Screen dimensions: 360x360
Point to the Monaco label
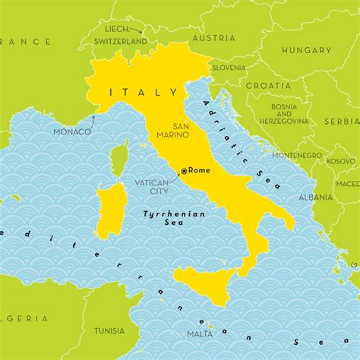[72, 131]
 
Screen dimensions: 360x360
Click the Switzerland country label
[121, 40]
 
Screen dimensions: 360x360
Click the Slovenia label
[229, 67]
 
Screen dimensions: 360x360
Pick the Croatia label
[267, 86]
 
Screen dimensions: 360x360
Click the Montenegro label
[297, 155]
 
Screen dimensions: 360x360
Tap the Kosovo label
[340, 161]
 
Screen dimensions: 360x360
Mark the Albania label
[315, 197]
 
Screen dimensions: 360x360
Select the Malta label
[201, 333]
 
